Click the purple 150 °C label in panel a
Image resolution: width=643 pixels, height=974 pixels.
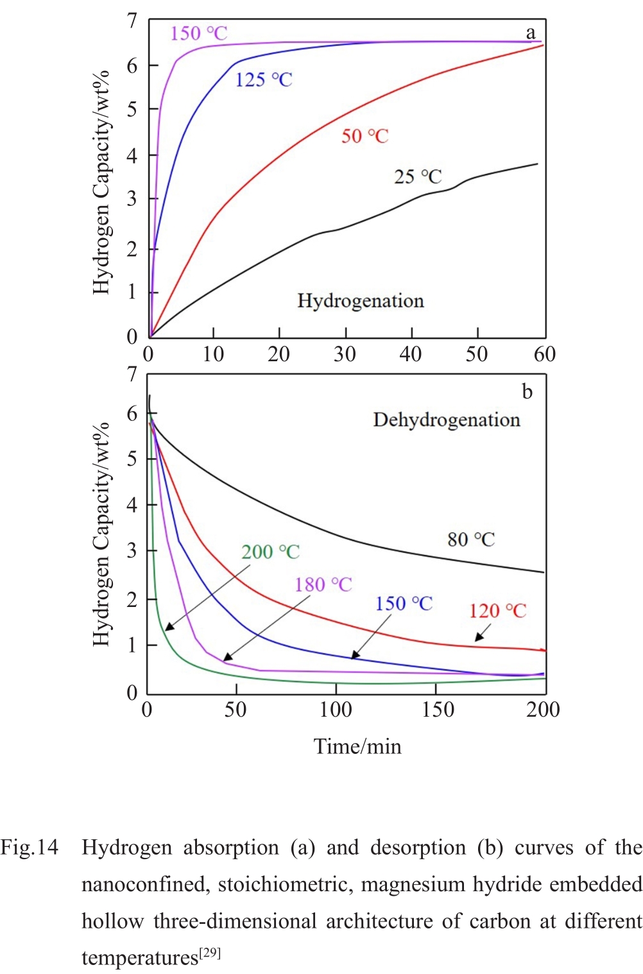click(x=198, y=33)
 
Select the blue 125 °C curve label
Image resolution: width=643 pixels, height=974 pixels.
click(x=263, y=80)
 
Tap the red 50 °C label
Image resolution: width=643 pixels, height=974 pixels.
click(x=364, y=136)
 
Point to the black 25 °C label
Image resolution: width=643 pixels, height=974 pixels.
click(x=418, y=176)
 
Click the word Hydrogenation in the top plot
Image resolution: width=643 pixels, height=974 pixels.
click(x=361, y=301)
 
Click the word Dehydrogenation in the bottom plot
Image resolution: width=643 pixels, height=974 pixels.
click(x=447, y=420)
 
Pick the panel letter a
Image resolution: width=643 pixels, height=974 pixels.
click(x=531, y=33)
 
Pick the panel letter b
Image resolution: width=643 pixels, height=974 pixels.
click(x=527, y=391)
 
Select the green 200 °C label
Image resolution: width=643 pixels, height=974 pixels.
click(x=270, y=552)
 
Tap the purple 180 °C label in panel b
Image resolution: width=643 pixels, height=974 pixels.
click(x=323, y=585)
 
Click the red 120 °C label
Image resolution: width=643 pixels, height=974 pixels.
click(x=497, y=611)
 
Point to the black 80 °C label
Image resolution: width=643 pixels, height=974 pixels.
click(x=471, y=540)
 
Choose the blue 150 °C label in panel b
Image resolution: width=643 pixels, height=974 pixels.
click(x=404, y=604)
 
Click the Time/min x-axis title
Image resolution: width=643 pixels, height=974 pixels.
click(x=357, y=747)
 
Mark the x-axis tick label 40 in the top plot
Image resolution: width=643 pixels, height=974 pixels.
click(x=411, y=354)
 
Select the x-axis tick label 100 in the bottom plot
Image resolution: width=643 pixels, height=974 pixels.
click(x=336, y=710)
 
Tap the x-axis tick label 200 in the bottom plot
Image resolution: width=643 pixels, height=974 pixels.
click(x=543, y=710)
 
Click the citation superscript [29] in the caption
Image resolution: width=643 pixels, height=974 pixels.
click(x=210, y=953)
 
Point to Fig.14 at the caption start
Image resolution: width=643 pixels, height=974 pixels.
click(x=30, y=848)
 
